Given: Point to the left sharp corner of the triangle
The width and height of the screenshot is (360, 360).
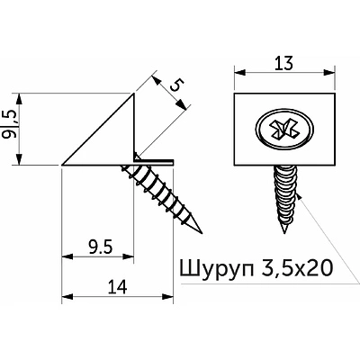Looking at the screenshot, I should [62, 165].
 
